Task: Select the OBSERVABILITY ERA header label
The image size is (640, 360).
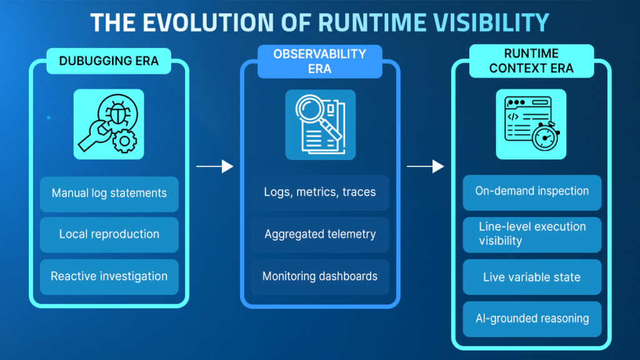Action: click(319, 61)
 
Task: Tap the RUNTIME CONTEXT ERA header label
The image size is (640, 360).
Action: click(531, 61)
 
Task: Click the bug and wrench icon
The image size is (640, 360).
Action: click(109, 123)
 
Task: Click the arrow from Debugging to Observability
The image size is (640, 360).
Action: click(214, 166)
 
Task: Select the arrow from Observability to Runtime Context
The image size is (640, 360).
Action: click(425, 166)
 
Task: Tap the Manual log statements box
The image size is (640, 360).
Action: click(109, 193)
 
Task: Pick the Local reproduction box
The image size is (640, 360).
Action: click(109, 234)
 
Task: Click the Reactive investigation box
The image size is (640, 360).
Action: click(109, 276)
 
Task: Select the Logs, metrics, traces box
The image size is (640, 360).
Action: click(320, 192)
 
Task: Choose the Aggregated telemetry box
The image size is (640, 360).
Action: click(320, 234)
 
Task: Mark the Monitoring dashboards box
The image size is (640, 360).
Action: click(320, 276)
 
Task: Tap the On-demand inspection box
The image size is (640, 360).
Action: click(532, 191)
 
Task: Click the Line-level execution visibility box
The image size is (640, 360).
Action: click(532, 234)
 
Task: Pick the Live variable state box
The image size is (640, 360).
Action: click(532, 276)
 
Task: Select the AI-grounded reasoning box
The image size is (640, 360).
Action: click(532, 319)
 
